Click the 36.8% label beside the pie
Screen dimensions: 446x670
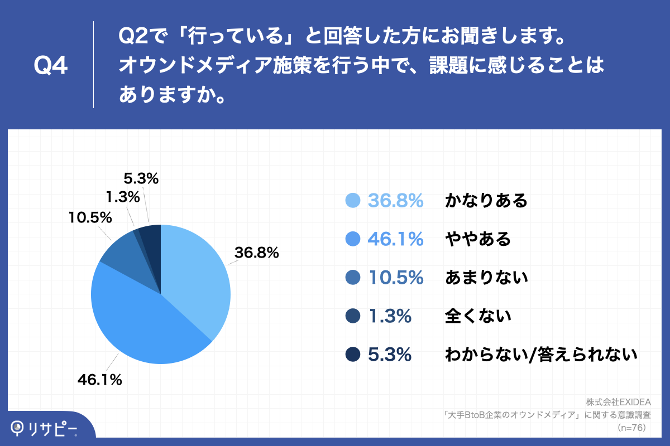[256, 253]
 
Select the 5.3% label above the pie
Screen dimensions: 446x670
[141, 179]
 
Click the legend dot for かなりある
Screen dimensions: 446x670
[353, 201]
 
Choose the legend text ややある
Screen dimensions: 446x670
[477, 239]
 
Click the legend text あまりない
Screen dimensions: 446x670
[486, 277]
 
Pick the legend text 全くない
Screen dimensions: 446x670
[478, 316]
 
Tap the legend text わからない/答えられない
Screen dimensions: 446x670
[540, 354]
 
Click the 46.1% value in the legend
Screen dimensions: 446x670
[395, 239]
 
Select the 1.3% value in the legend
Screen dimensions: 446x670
[390, 316]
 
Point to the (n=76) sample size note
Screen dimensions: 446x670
[632, 428]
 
